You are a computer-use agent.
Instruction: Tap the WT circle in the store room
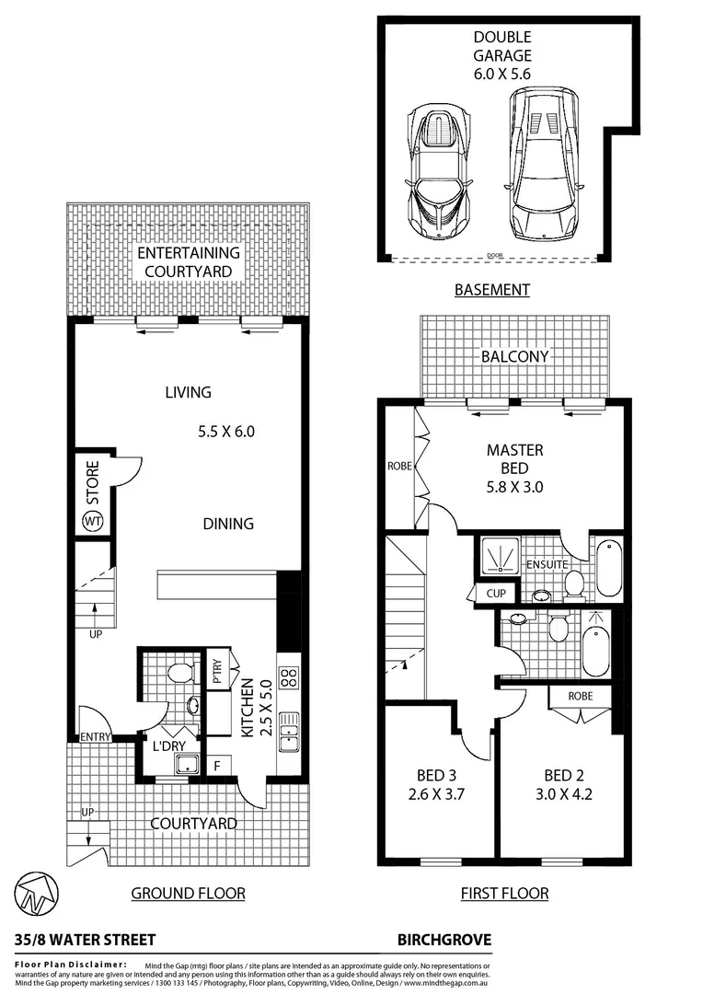[x=92, y=522]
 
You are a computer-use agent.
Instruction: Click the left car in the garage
[x=441, y=172]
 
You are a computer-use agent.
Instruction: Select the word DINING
[x=228, y=524]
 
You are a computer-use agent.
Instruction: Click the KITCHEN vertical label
[x=248, y=708]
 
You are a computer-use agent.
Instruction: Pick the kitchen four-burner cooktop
[x=287, y=677]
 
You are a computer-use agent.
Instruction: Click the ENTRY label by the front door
[x=95, y=736]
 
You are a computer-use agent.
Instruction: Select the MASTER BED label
[x=514, y=459]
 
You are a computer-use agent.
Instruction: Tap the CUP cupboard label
[x=496, y=594]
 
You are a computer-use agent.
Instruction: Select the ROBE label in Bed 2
[x=580, y=697]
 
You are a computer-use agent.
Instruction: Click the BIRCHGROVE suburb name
[x=444, y=940]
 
